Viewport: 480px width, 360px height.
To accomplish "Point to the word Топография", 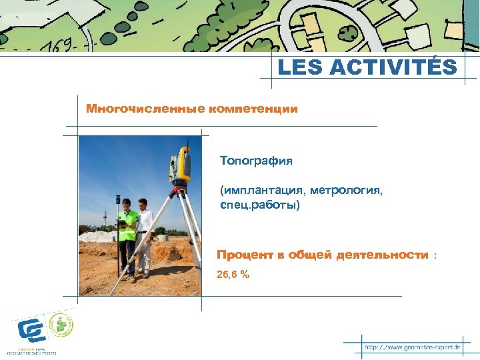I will coord(256,161).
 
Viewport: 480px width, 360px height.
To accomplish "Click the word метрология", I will coord(349,191).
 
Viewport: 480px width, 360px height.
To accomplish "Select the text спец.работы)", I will coord(261,205).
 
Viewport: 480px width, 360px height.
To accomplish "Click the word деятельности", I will coord(383,255).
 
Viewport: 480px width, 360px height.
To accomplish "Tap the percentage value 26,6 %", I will coord(233,273).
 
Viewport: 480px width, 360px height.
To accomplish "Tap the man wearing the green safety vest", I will coord(127,233).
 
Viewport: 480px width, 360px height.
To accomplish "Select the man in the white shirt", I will coord(145,233).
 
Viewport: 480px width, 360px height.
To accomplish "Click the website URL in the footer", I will coord(412,348).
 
